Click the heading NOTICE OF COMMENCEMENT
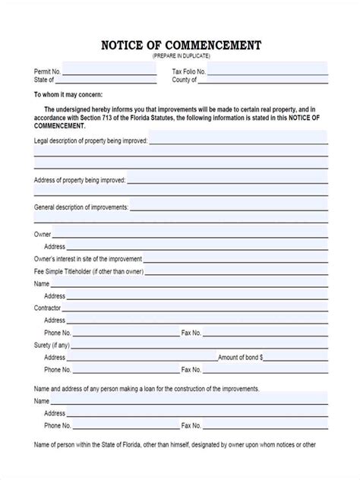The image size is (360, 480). tap(180, 46)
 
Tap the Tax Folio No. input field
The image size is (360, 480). tap(267, 71)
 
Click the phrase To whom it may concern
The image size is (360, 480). tap(68, 95)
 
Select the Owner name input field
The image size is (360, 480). tap(190, 235)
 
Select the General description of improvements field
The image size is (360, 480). tap(228, 206)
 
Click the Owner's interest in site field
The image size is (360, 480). tap(235, 259)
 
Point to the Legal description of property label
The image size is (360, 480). tap(90, 141)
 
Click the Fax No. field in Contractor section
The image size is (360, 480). tap(265, 333)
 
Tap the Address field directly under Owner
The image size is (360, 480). tap(197, 247)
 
